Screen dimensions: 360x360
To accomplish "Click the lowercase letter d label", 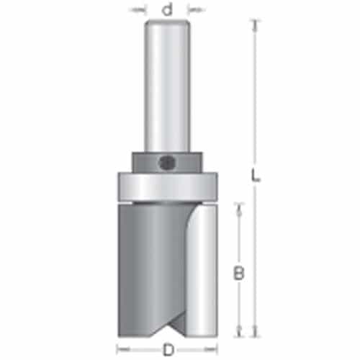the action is pyautogui.click(x=167, y=10).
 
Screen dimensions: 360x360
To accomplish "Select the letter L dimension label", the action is pyautogui.click(x=255, y=175).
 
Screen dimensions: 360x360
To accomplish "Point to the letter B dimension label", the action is pyautogui.click(x=238, y=273).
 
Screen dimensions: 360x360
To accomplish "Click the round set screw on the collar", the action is pyautogui.click(x=166, y=163).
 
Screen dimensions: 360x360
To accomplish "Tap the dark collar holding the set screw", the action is pyautogui.click(x=167, y=162).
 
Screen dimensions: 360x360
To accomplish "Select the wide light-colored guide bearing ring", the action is pyautogui.click(x=168, y=186).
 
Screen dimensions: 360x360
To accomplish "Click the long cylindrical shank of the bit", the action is pyautogui.click(x=167, y=86).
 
